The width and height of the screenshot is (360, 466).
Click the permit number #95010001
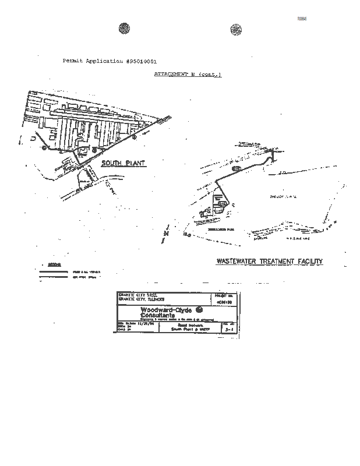pyautogui.click(x=140, y=61)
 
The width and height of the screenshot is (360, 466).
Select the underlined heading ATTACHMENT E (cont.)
pyautogui.click(x=188, y=75)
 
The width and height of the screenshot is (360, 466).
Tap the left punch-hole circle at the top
pyautogui.click(x=123, y=28)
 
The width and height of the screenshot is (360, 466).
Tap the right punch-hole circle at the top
pyautogui.click(x=236, y=29)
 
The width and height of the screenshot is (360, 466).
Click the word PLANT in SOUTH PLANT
pyautogui.click(x=135, y=164)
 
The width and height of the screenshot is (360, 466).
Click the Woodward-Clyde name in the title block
pyautogui.click(x=166, y=309)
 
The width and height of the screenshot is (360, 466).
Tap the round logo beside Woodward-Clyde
pyautogui.click(x=199, y=309)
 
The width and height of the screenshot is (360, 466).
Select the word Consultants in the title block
pyautogui.click(x=154, y=315)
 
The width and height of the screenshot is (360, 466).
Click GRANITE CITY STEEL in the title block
pyautogui.click(x=138, y=295)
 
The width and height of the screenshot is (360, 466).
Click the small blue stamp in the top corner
pyautogui.click(x=302, y=19)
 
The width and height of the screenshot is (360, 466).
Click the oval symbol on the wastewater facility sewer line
pyautogui.click(x=237, y=169)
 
